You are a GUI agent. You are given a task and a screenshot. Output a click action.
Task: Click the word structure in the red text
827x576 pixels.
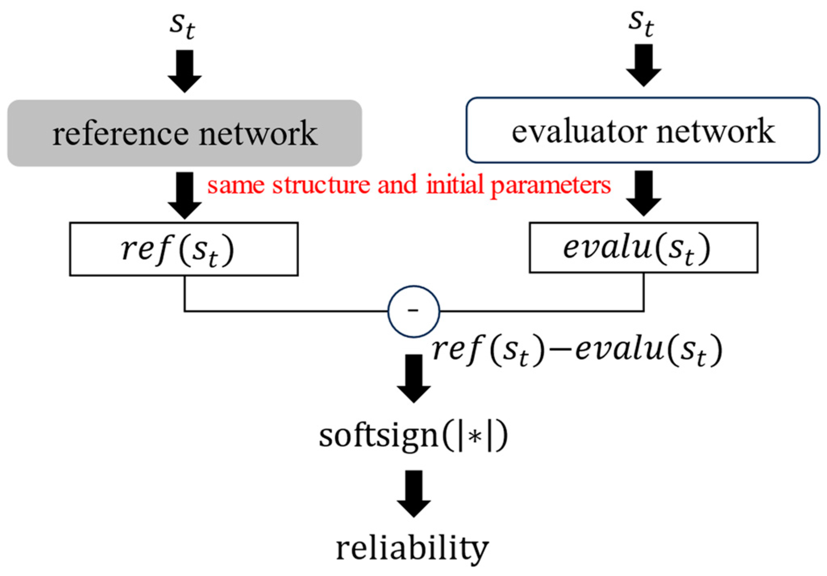pos(321,185)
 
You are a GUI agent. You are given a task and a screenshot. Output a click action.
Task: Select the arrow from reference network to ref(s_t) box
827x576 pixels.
pos(185,195)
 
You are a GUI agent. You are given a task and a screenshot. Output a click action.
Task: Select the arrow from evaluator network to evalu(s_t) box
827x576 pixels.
pos(644,193)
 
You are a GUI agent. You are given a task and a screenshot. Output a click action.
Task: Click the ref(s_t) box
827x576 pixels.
pos(184,249)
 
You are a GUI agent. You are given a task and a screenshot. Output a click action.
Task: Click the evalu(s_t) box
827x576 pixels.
pos(644,248)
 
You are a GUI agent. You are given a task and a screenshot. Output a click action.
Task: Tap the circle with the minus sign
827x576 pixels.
pos(414,311)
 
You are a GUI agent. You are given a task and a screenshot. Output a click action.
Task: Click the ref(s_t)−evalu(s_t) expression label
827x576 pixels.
pos(577,350)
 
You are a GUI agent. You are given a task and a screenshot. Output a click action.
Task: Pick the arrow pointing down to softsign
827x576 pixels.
pos(414,378)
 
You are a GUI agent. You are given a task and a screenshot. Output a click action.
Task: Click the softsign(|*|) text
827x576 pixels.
pos(413,436)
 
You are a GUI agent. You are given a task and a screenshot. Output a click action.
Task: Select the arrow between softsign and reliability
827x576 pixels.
pos(414,493)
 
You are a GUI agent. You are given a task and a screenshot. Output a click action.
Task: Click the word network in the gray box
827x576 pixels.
pos(258,134)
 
